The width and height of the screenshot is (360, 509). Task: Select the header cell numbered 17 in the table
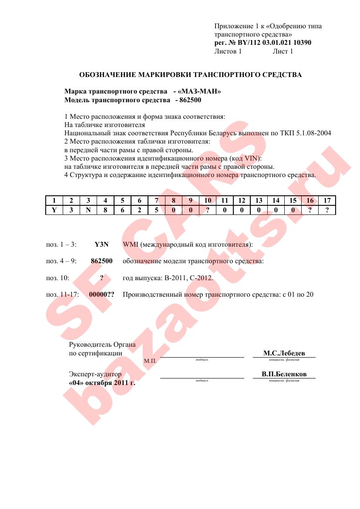[x=327, y=201]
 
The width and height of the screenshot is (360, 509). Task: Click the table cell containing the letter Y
[x=54, y=210]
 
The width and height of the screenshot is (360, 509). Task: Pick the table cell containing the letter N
[x=88, y=210]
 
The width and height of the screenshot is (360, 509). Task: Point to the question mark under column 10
[x=208, y=210]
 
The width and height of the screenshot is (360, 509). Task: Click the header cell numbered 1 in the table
[x=54, y=201]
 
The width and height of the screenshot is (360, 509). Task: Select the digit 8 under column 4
[x=105, y=210]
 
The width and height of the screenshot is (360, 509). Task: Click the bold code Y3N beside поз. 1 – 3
[x=101, y=244]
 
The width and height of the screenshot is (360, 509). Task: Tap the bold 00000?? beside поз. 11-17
[x=101, y=295]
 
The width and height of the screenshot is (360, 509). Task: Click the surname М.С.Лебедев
[x=284, y=354]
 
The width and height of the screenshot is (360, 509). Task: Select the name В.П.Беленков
[x=284, y=374]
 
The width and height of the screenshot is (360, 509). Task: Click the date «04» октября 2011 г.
[x=102, y=383]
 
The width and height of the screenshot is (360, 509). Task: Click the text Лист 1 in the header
[x=283, y=51]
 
